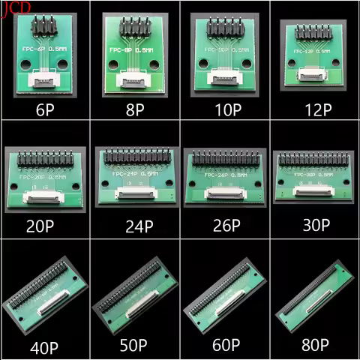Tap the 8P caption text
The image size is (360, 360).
tap(134, 109)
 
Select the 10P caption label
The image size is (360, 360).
tap(224, 109)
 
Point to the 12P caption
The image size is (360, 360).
tap(314, 109)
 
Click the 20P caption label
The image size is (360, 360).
tap(44, 225)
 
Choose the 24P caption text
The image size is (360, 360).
tap(134, 225)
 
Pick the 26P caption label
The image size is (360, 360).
tap(224, 225)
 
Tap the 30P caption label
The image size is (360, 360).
tap(314, 225)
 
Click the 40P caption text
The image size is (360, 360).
tap(44, 346)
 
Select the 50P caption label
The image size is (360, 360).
tap(134, 346)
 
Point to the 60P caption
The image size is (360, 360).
tap(224, 346)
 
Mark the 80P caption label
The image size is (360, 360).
tap(314, 346)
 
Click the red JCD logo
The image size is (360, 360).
tap(16, 7)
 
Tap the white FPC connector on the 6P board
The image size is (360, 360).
tap(46, 77)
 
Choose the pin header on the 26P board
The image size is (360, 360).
tap(223, 159)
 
